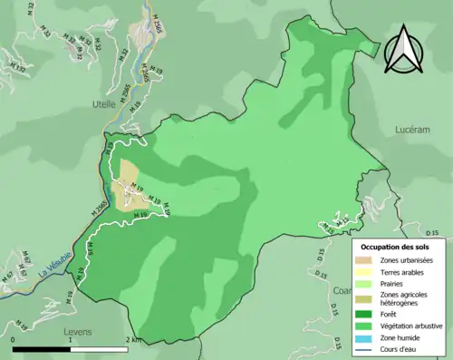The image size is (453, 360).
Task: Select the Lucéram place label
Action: click(412, 130)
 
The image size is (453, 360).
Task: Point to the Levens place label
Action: click(79, 332)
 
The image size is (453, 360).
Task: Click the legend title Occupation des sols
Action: click(395, 246)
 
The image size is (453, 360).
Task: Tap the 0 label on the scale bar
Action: click(14, 340)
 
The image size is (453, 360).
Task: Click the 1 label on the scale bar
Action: click(69, 340)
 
